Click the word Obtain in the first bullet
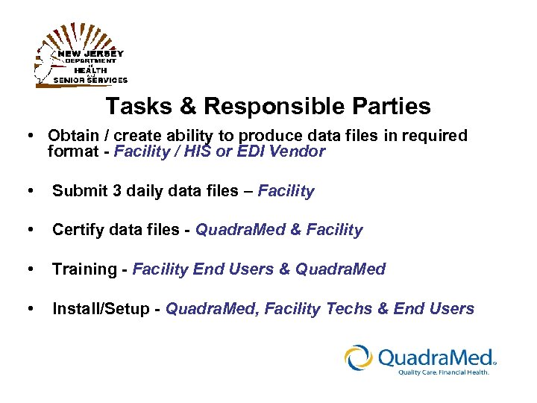click(72, 136)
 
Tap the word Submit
click(76, 191)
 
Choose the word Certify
click(78, 230)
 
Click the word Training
click(84, 269)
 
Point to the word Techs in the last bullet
click(348, 308)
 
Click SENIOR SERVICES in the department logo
click(90, 80)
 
